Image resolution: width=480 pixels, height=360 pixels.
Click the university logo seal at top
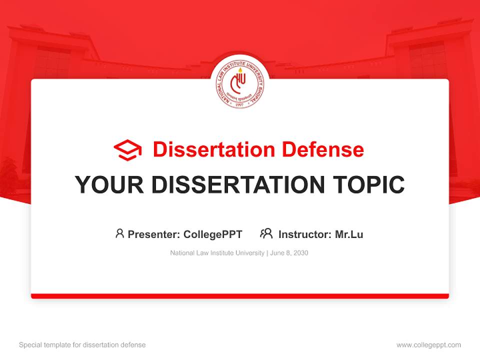point(240,81)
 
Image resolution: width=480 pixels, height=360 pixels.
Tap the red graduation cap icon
point(127,150)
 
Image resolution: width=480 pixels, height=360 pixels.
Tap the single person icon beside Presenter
point(119,233)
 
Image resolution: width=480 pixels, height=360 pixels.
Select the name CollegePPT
point(213,234)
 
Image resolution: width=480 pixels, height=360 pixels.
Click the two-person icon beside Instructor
point(266,233)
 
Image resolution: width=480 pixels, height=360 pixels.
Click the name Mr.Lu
point(349,234)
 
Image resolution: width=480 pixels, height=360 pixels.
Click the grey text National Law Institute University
point(217,253)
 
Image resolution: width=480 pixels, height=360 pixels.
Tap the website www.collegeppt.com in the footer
point(428,345)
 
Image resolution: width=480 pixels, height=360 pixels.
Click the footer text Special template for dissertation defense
point(82,345)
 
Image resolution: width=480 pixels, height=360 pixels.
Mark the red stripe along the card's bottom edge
point(240,296)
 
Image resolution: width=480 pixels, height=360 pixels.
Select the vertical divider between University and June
point(267,253)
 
